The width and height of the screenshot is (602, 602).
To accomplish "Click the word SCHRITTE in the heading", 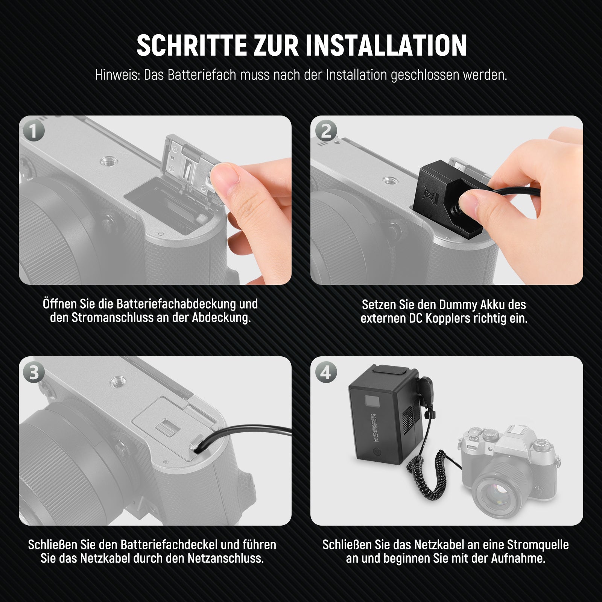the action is pos(192,46).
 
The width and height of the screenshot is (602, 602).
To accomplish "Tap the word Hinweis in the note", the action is pos(117,75).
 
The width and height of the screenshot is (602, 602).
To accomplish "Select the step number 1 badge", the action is pos(33,131).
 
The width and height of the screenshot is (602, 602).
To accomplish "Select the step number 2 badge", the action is pos(326,131).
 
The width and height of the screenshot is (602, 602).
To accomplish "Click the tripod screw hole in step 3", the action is pos(117,383).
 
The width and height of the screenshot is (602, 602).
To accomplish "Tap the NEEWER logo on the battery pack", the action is pos(375,427).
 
